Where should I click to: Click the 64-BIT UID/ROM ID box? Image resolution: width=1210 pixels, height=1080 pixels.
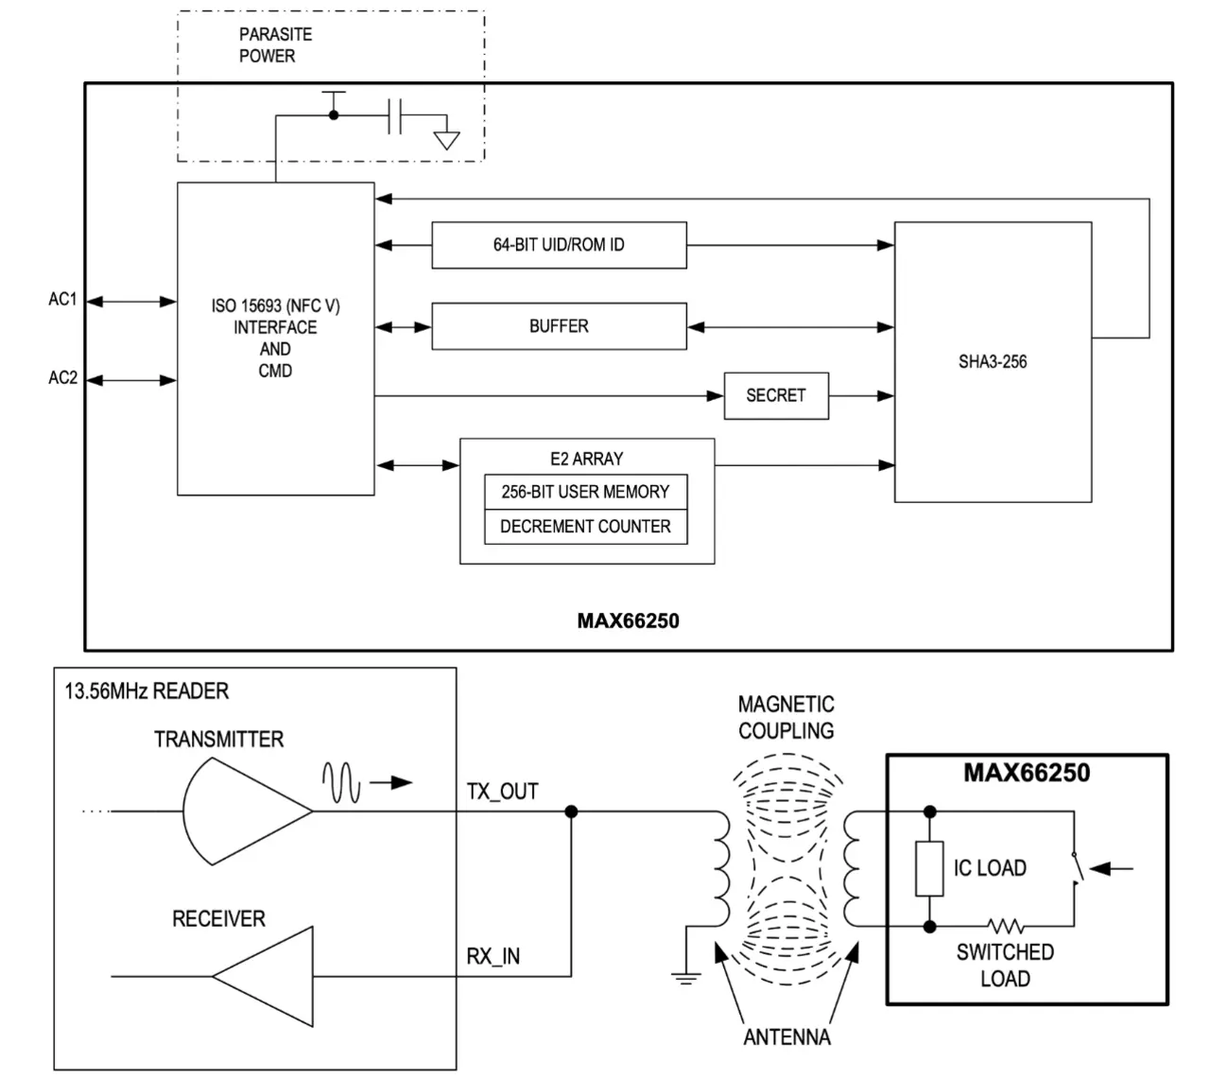tap(559, 245)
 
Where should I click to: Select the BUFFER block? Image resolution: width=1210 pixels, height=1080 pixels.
tap(559, 326)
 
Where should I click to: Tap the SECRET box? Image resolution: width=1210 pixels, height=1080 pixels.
tap(776, 395)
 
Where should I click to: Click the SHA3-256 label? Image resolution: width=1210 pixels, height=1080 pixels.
tap(992, 361)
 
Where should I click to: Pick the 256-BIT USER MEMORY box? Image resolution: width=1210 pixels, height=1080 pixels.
tap(585, 492)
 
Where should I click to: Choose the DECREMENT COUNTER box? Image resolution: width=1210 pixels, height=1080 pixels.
tap(585, 527)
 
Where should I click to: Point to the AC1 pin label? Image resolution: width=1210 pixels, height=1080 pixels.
tap(62, 300)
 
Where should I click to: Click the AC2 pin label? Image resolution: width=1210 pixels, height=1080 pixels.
tap(62, 378)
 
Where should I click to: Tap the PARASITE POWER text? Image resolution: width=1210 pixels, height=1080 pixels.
tap(274, 45)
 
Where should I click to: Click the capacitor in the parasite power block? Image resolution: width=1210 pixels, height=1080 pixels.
tap(395, 116)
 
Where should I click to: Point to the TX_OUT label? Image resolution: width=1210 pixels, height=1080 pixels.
tap(502, 792)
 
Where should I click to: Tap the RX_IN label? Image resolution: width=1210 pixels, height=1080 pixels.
tap(493, 957)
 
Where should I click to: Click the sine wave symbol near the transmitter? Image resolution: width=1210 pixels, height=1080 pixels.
tap(341, 782)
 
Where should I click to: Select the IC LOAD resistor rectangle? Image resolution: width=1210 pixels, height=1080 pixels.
tap(929, 869)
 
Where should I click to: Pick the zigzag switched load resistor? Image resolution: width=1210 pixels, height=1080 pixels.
tap(1005, 926)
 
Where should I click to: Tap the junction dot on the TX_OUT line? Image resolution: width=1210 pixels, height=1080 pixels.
tap(571, 811)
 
